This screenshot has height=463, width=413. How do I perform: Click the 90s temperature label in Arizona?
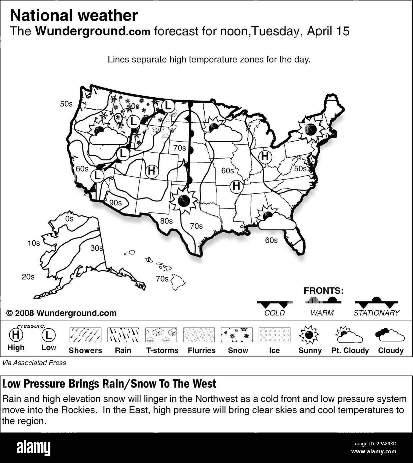click(x=115, y=203)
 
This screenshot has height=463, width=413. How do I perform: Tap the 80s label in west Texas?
click(x=166, y=221)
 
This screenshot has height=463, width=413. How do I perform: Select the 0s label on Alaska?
click(x=69, y=219)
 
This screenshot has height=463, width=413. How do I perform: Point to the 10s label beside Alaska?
click(x=33, y=243)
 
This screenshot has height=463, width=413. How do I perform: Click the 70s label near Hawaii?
click(x=162, y=279)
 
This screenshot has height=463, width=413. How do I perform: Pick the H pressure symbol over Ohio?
click(x=265, y=156)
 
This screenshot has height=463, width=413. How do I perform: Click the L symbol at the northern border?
click(x=168, y=106)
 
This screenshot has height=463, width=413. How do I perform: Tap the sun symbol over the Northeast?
click(x=310, y=129)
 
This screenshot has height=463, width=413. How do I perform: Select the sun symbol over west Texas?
click(x=184, y=201)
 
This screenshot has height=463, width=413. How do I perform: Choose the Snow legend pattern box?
click(x=237, y=335)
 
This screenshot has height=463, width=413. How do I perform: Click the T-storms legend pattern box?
click(x=161, y=335)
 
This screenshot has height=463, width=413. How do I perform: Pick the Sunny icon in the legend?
click(x=309, y=335)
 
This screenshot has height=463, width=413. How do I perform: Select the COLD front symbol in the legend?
click(x=274, y=303)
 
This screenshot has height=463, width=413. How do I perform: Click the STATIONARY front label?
click(x=376, y=313)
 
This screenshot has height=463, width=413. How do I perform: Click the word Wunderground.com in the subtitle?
click(x=93, y=31)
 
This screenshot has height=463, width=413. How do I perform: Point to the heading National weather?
click(x=74, y=15)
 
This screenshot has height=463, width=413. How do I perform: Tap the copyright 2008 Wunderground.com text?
click(x=61, y=313)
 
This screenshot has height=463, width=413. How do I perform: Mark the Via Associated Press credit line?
click(x=34, y=363)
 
